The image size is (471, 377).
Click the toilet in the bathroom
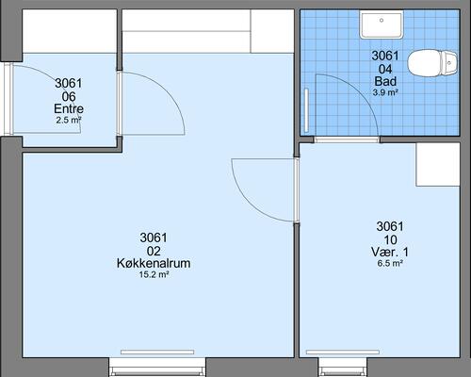pyautogui.click(x=432, y=63)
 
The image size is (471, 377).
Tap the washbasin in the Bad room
pyautogui.click(x=382, y=25)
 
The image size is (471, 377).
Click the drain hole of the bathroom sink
pyautogui.click(x=382, y=20)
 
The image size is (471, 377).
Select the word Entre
pyautogui.click(x=69, y=108)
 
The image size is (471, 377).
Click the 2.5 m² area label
pyautogui.click(x=69, y=120)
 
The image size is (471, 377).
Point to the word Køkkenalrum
pyautogui.click(x=154, y=263)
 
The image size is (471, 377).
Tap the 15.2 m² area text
pyautogui.click(x=154, y=274)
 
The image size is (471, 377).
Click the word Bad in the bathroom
pyautogui.click(x=385, y=81)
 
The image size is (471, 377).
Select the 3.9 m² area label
pyautogui.click(x=385, y=92)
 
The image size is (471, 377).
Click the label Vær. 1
pyautogui.click(x=390, y=252)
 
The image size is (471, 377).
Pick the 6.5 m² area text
pyautogui.click(x=390, y=263)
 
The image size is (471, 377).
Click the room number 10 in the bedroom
pyautogui.click(x=390, y=240)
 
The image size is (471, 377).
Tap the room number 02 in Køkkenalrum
pyautogui.click(x=154, y=251)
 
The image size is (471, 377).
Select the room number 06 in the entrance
pyautogui.click(x=69, y=96)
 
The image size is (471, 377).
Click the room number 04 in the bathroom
pyautogui.click(x=385, y=69)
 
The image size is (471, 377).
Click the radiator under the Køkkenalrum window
pyautogui.click(x=157, y=352)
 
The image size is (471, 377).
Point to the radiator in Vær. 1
pyautogui.click(x=343, y=352)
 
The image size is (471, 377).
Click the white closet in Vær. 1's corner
pyautogui.click(x=438, y=165)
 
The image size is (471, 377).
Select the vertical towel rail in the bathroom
pyautogui.click(x=306, y=110)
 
